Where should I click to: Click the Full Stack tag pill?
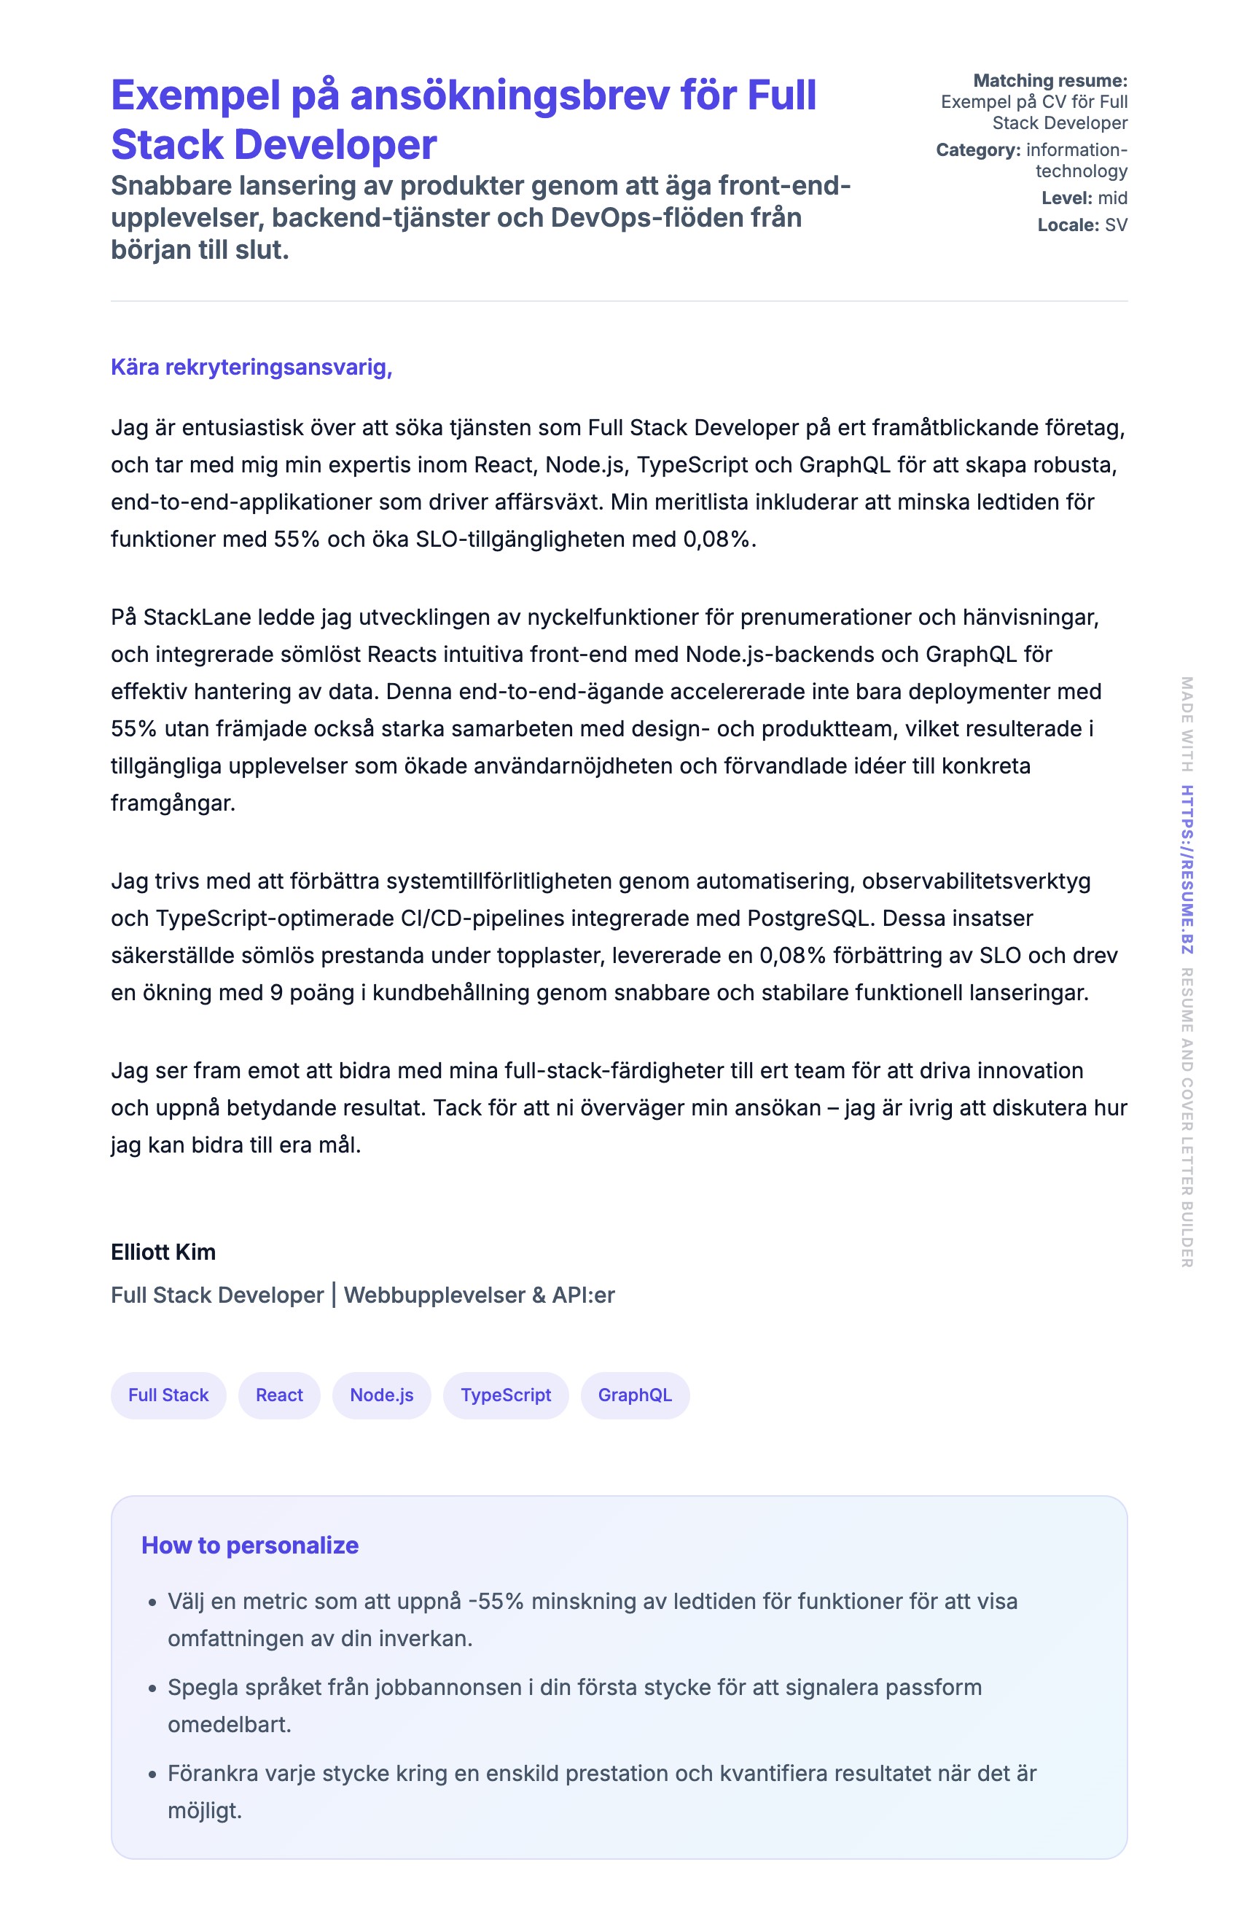(168, 1395)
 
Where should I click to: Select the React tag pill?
(279, 1395)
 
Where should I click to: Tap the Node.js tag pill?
(381, 1395)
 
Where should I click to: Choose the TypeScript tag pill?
(505, 1395)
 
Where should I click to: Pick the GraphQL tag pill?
(635, 1395)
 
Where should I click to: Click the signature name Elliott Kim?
(163, 1252)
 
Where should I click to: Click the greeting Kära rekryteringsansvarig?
(251, 367)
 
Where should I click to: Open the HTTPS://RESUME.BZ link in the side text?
(1187, 869)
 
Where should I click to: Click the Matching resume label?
(1050, 80)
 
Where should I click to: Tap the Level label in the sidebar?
(1067, 198)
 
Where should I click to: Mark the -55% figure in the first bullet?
(496, 1601)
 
